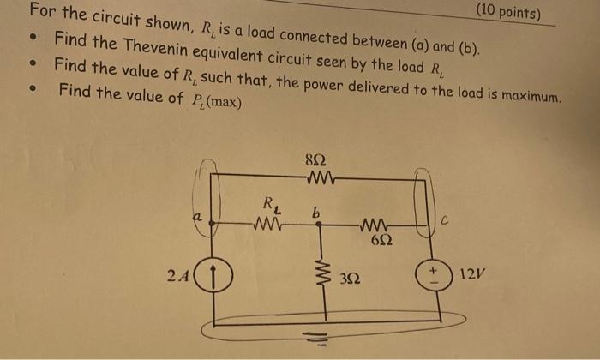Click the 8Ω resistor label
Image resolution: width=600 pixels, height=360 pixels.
click(315, 160)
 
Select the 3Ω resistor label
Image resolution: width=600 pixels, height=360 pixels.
click(350, 279)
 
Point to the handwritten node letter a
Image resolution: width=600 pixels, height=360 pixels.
click(196, 220)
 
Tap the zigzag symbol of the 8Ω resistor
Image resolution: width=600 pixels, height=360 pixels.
click(315, 177)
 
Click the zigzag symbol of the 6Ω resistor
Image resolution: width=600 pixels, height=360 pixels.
click(375, 226)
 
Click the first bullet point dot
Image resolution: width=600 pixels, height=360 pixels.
click(32, 39)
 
